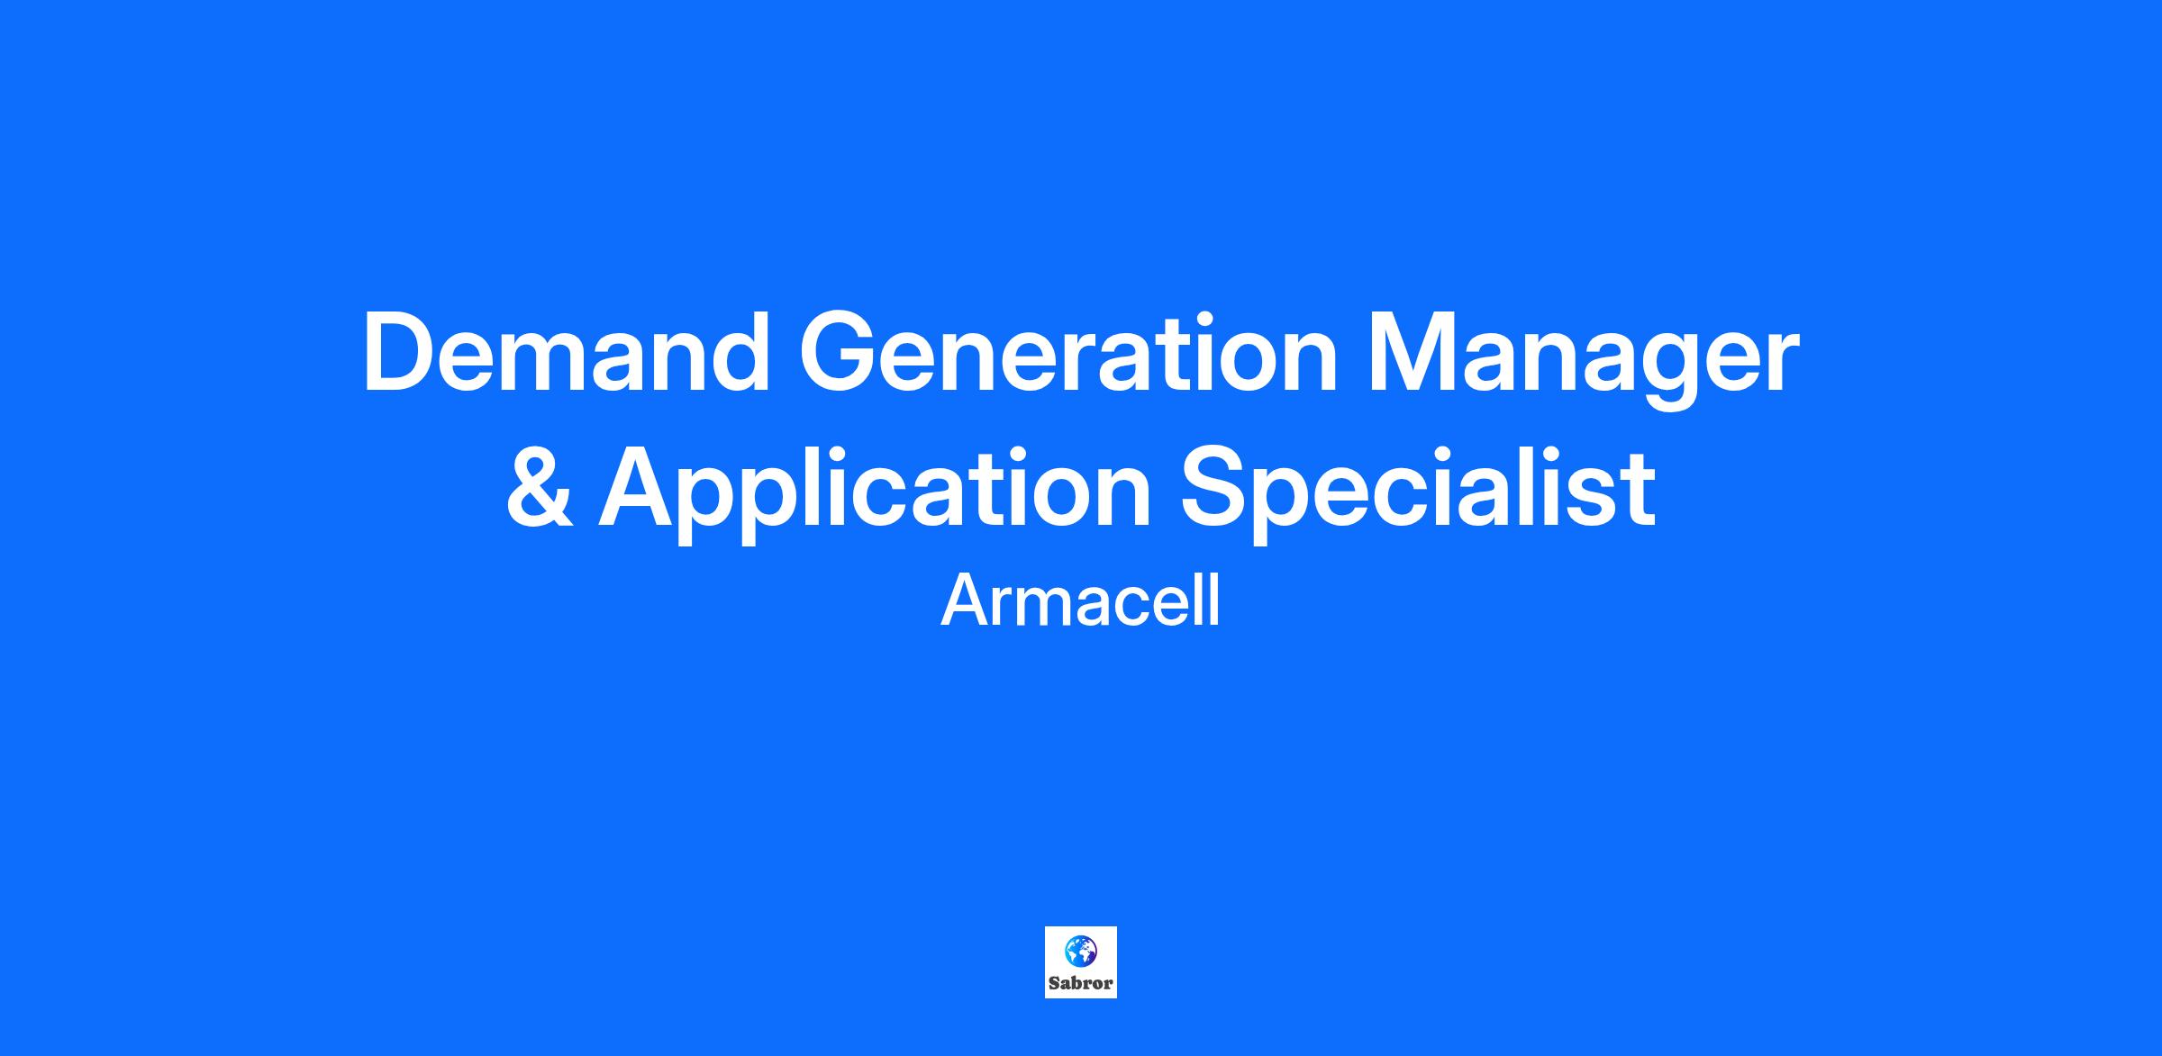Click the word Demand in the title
pyautogui.click(x=567, y=352)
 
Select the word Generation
pyautogui.click(x=1069, y=352)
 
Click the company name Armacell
pyautogui.click(x=1080, y=601)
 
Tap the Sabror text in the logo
pyautogui.click(x=1081, y=984)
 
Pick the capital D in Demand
pyautogui.click(x=400, y=352)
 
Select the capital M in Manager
pyautogui.click(x=1414, y=352)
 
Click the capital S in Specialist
pyautogui.click(x=1217, y=486)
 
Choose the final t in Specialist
pyautogui.click(x=1640, y=492)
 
